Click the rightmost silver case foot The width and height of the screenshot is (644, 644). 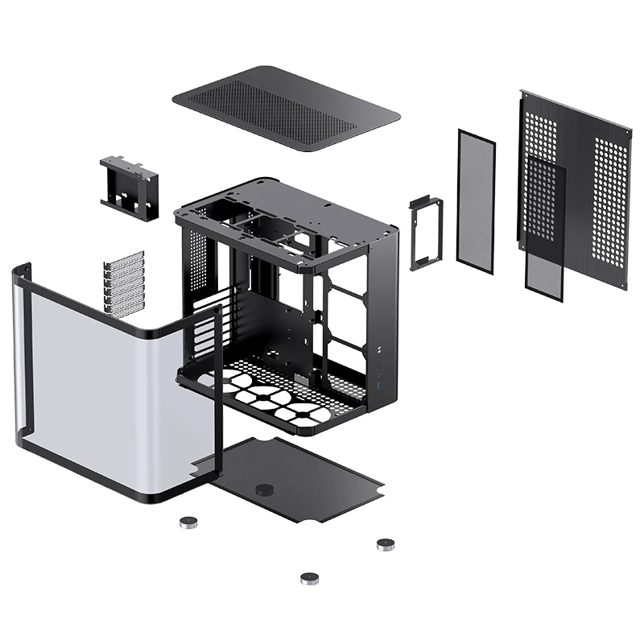385,545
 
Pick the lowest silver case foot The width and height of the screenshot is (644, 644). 309,577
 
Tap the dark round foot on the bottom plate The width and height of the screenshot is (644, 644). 263,489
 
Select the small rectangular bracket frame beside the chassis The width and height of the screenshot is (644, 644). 423,233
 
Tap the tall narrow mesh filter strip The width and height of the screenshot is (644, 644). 476,197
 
